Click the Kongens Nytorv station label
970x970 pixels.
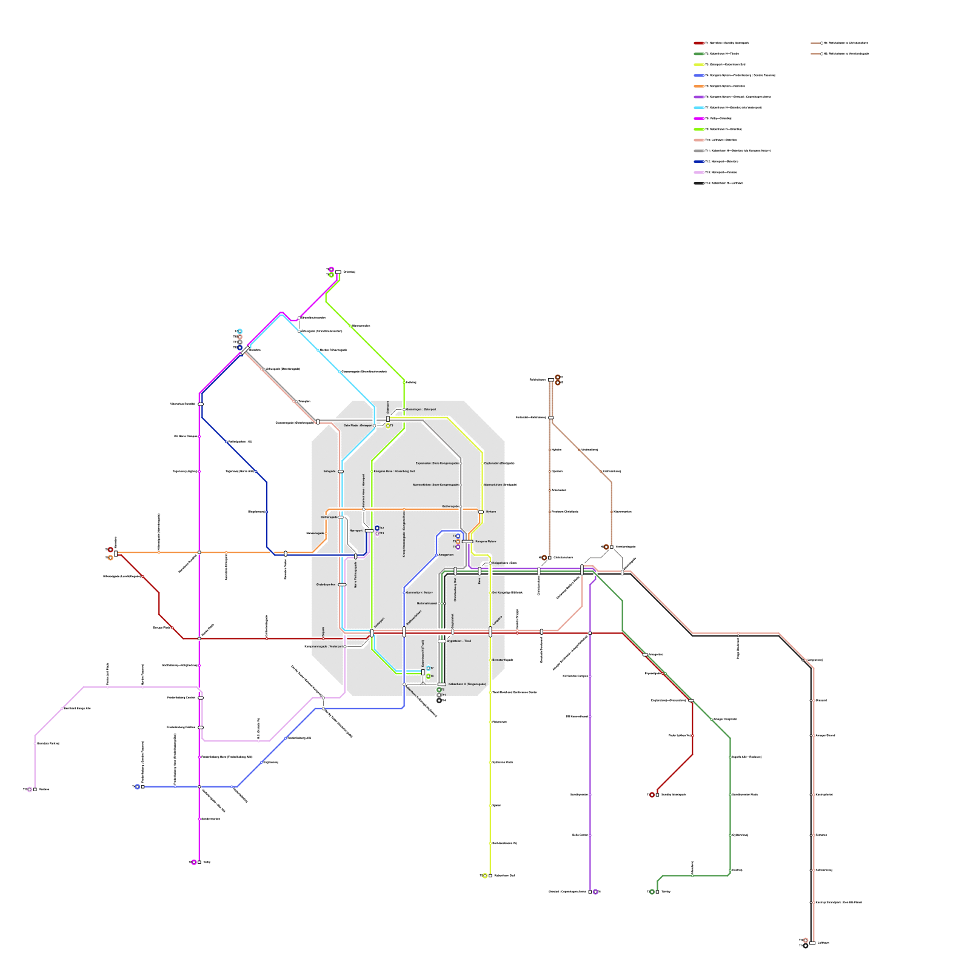pyautogui.click(x=485, y=541)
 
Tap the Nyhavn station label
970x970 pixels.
pyautogui.click(x=491, y=512)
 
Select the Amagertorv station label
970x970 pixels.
pyautogui.click(x=446, y=555)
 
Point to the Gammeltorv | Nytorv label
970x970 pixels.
pyautogui.click(x=420, y=592)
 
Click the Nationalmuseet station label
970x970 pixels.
pyautogui.click(x=427, y=603)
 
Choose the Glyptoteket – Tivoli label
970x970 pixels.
pyautogui.click(x=459, y=641)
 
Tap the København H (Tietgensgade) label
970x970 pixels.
pyautogui.click(x=467, y=684)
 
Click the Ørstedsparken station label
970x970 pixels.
pyautogui.click(x=326, y=584)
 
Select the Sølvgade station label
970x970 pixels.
pyautogui.click(x=329, y=471)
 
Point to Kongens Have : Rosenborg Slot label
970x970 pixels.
pyautogui.click(x=394, y=471)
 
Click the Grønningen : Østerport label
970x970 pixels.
pyautogui.click(x=421, y=409)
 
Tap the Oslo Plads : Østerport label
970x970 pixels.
pyautogui.click(x=358, y=426)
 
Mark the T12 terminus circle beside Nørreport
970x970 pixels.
pyautogui.click(x=377, y=528)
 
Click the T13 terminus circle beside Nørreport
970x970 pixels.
pyautogui.click(x=377, y=533)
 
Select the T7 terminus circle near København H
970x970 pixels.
pyautogui.click(x=428, y=668)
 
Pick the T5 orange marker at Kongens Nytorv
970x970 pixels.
pyautogui.click(x=458, y=541)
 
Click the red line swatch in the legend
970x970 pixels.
pyautogui.click(x=699, y=43)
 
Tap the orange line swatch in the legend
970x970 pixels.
pyautogui.click(x=699, y=86)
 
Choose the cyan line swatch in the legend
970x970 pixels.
pyautogui.click(x=699, y=107)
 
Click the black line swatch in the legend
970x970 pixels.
pyautogui.click(x=699, y=183)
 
